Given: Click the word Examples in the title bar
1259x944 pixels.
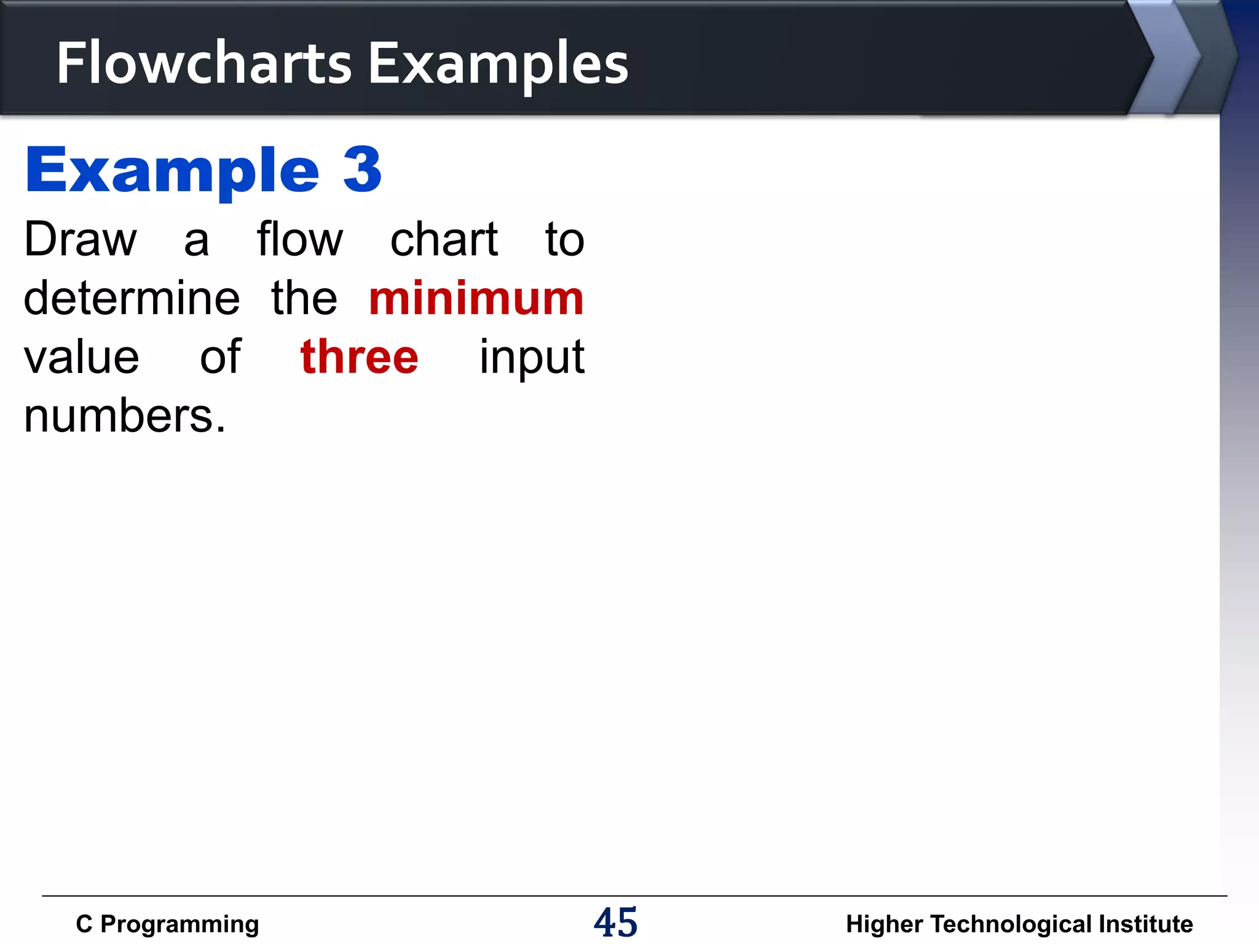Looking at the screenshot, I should click(x=498, y=64).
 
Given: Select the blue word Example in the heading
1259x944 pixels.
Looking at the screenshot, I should click(x=172, y=171).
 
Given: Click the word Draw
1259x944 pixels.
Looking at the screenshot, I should click(x=80, y=239).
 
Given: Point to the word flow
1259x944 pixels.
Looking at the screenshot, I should click(x=299, y=239).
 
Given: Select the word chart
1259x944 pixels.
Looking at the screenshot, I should click(x=444, y=239).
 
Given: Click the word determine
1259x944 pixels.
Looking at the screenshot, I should click(x=132, y=298).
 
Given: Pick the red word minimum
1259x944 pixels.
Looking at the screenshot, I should click(x=476, y=298).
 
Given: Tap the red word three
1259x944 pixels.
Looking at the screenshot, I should click(x=359, y=357).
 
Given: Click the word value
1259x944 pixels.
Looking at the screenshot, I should click(x=81, y=357).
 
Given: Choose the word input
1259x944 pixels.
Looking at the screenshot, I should click(x=532, y=358).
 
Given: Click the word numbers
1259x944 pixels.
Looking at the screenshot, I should click(x=124, y=416).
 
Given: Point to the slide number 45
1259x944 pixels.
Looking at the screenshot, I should click(x=615, y=922).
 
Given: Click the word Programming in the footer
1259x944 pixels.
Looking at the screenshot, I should click(x=180, y=924).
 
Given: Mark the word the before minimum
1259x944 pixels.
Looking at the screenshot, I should click(x=304, y=298).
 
